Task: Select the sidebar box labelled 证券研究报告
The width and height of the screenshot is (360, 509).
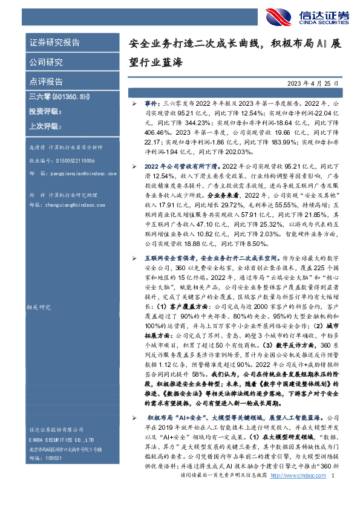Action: coord(55,43)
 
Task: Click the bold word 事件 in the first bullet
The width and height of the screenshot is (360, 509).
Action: coord(150,104)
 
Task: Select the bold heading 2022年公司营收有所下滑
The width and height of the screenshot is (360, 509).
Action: coord(182,165)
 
